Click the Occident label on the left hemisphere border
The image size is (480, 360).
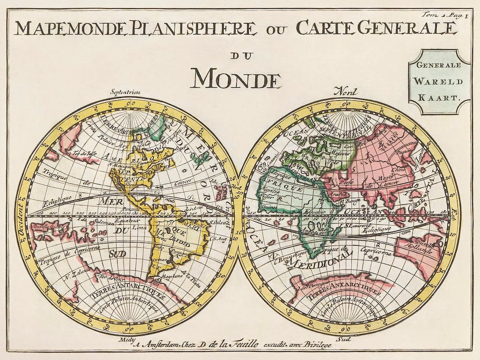(x=22, y=226)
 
